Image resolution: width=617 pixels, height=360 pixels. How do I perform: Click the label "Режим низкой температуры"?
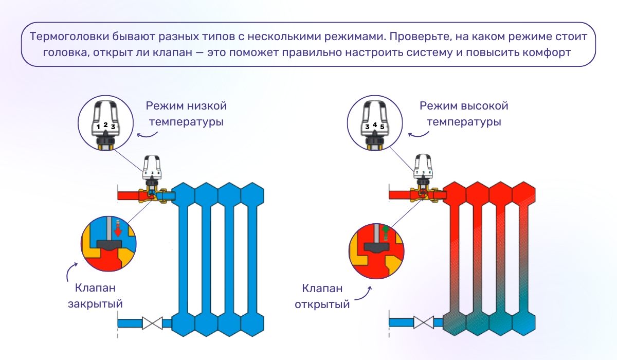(x=186, y=114)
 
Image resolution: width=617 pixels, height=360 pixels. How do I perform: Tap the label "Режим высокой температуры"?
(x=460, y=114)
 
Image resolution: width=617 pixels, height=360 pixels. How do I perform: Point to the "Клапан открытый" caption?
(x=322, y=296)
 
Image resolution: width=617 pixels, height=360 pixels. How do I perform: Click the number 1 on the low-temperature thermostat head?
(x=98, y=126)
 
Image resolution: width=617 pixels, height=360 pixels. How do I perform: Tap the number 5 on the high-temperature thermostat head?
(x=382, y=126)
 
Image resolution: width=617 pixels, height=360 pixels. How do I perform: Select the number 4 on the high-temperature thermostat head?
(x=375, y=124)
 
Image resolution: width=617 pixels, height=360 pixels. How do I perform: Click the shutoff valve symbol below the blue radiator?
(x=152, y=323)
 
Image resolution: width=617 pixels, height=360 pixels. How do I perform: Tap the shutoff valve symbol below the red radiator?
(x=423, y=323)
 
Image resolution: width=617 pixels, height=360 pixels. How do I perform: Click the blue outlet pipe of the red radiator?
(x=401, y=323)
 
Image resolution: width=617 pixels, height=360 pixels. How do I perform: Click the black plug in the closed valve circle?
(x=109, y=245)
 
